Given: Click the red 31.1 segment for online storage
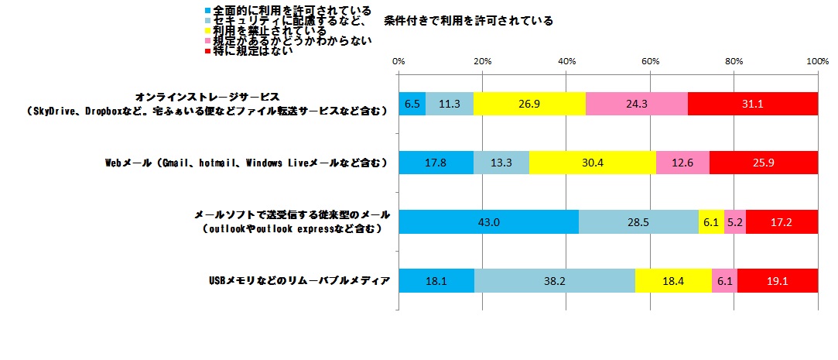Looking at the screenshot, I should tap(752, 104).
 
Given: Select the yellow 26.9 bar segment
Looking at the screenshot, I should tap(529, 104).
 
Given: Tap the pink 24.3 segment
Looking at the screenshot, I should tap(636, 104).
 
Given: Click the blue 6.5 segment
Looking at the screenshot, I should tap(412, 104).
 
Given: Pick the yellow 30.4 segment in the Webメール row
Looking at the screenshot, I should tap(593, 163).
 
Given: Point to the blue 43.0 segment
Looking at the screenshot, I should tap(488, 221).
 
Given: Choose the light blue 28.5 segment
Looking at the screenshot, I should tap(638, 221).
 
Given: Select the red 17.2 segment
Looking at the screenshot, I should tap(782, 221).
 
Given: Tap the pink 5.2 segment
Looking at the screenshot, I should tap(735, 221).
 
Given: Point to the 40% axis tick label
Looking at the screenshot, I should tap(566, 60).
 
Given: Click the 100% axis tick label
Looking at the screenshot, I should tap(817, 60).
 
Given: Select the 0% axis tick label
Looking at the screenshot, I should tap(399, 60).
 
